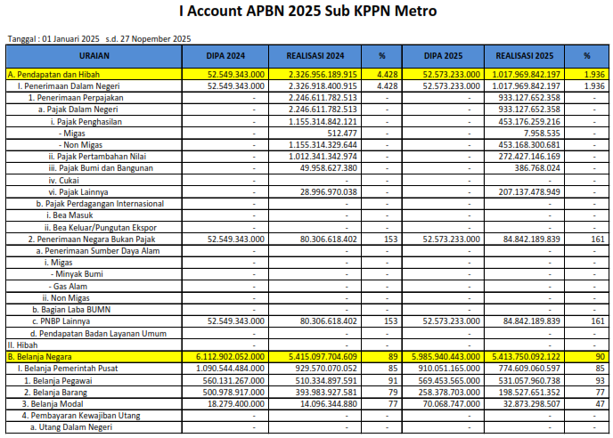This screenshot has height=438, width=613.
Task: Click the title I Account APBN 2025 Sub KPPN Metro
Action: (307, 12)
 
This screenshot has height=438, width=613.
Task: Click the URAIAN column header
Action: (94, 54)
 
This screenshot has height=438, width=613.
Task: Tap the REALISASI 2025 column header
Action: (519, 54)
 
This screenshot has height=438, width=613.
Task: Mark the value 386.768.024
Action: (537, 167)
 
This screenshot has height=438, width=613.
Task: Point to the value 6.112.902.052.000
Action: (235, 356)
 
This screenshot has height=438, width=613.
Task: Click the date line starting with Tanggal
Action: (98, 38)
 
